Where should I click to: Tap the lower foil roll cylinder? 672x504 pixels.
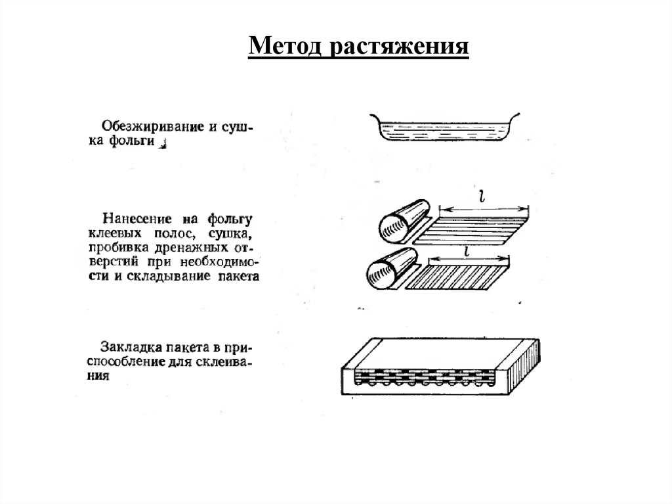point(388,270)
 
